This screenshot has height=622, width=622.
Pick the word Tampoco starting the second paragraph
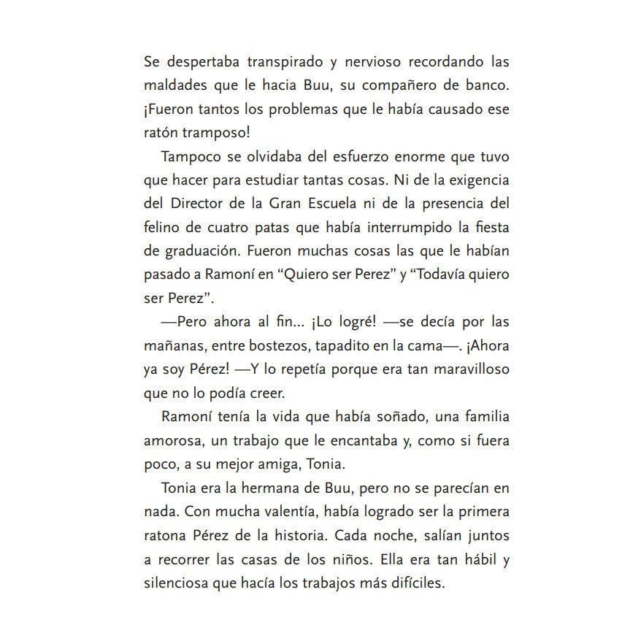click(x=190, y=157)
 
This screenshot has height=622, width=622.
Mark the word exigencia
click(x=474, y=180)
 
